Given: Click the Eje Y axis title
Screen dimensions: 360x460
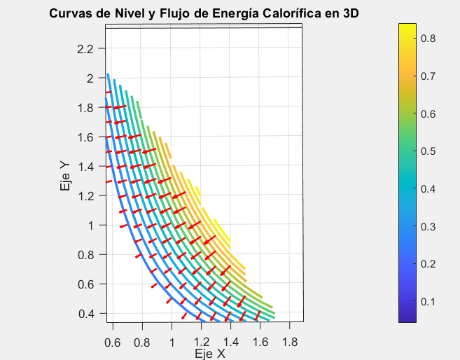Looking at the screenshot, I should tap(65, 176).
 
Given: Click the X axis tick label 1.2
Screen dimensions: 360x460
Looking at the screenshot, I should tap(202, 342).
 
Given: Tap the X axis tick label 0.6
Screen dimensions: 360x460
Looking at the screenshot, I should tap(113, 342).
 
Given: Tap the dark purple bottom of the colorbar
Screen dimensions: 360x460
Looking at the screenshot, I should tap(407, 319).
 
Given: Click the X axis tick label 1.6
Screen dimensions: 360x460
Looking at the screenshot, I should tap(260, 342).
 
